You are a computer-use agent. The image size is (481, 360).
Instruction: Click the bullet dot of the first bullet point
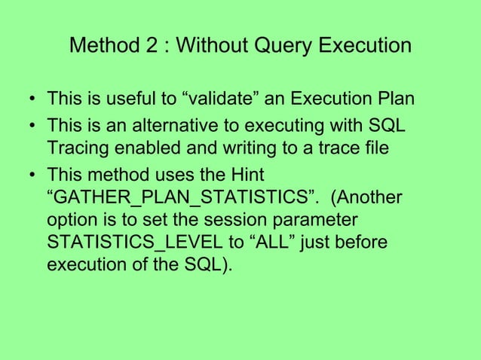tap(29, 101)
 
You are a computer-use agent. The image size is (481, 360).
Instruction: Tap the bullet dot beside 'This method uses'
tap(29, 174)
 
